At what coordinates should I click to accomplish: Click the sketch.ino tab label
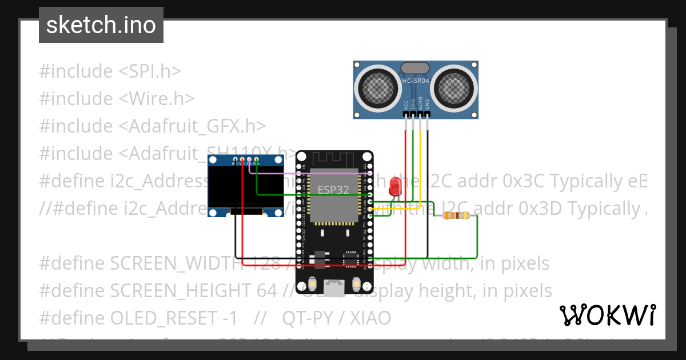[101, 25]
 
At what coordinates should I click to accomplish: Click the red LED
[394, 186]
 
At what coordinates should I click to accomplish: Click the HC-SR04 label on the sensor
[416, 81]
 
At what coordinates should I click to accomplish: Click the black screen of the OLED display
[246, 187]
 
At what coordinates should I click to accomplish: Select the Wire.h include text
[156, 99]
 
